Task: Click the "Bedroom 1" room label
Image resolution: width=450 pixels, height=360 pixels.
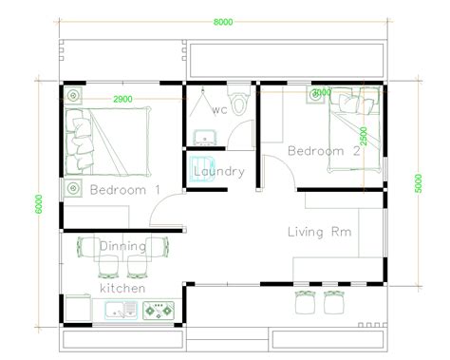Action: point(125,190)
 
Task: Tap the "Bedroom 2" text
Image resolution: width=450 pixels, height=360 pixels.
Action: point(324,150)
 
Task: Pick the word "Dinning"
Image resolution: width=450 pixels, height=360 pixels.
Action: point(122,246)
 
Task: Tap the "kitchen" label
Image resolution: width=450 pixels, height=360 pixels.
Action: point(123,287)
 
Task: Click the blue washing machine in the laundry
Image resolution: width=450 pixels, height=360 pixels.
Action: point(200,167)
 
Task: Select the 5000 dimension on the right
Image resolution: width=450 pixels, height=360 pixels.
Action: point(418,180)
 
